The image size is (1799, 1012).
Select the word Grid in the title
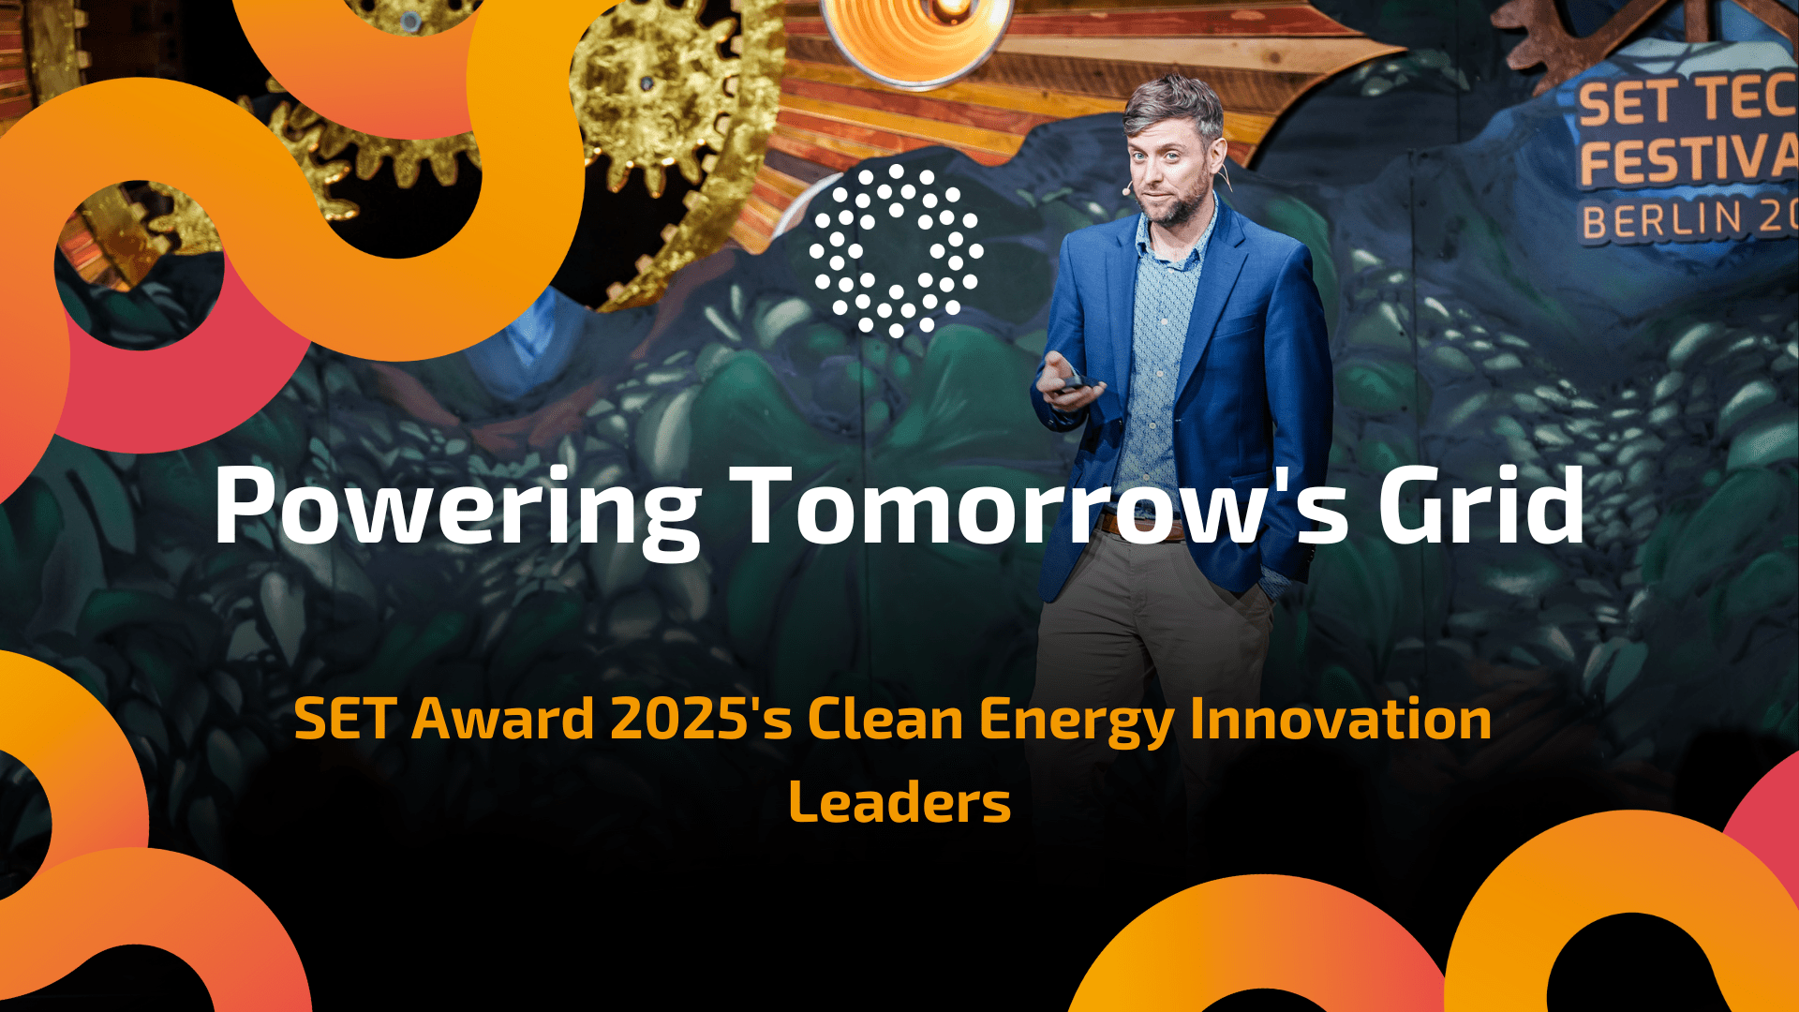[x=1480, y=506]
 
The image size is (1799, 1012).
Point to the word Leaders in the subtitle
[x=899, y=803]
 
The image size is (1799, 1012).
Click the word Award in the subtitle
[x=503, y=720]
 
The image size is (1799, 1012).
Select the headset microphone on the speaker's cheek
[x=1128, y=189]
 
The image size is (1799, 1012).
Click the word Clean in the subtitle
[x=885, y=720]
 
